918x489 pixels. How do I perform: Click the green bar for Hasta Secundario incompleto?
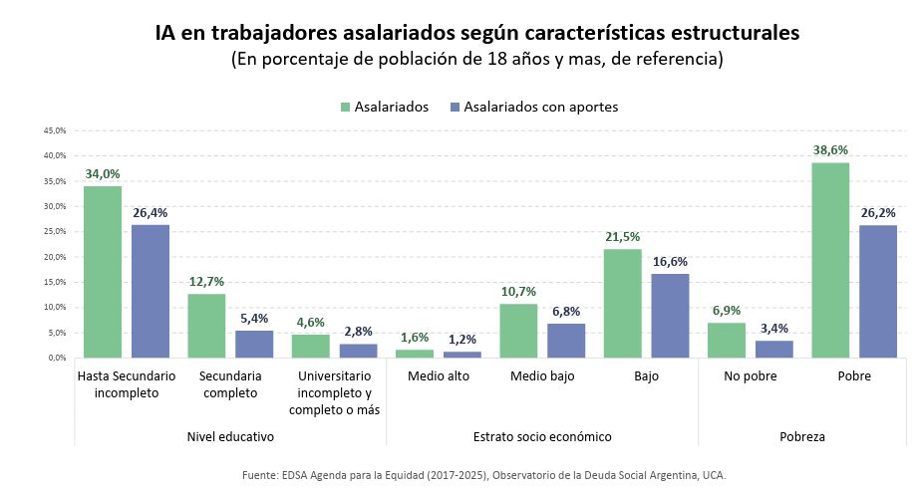(x=103, y=271)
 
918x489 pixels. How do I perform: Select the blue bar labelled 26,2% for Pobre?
(x=878, y=291)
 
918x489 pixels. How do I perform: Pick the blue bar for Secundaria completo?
(x=254, y=344)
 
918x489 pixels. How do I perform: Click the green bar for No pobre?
(x=727, y=340)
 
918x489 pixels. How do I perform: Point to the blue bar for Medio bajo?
(x=566, y=340)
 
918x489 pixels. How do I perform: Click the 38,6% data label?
(x=830, y=149)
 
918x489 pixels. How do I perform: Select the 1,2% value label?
(x=461, y=339)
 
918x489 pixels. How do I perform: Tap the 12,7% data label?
(x=206, y=281)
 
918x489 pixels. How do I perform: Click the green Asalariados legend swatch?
(x=345, y=107)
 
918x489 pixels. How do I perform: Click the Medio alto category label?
(x=438, y=376)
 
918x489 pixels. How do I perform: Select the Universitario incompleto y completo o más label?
(x=334, y=393)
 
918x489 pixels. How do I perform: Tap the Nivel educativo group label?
(x=230, y=436)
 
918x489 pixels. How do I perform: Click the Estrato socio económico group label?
(x=542, y=436)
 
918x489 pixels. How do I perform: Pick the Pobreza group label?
(x=801, y=436)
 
